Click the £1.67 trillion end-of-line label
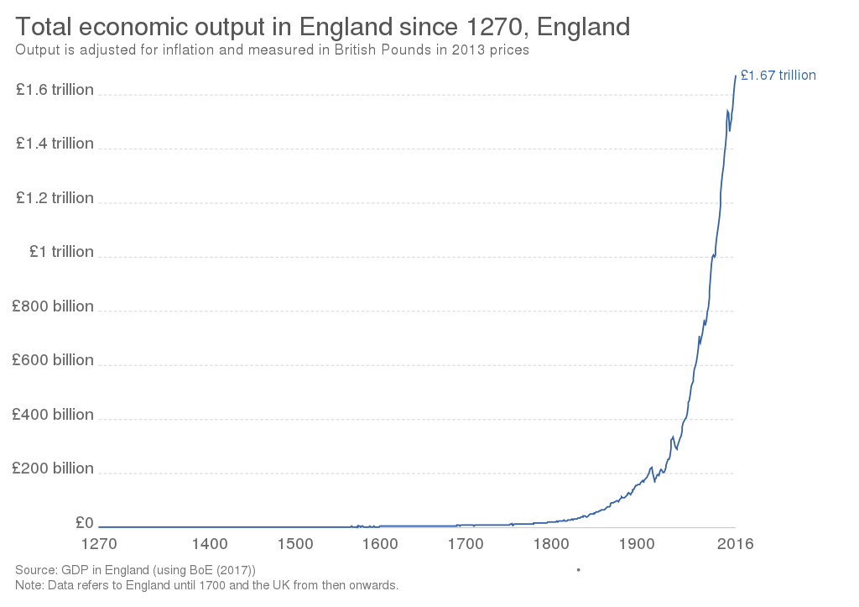(778, 76)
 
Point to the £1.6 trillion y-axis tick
(55, 90)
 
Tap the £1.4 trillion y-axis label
(55, 144)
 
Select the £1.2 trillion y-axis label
(55, 198)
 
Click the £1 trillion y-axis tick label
(60, 252)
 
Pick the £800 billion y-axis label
(53, 306)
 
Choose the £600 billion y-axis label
(53, 360)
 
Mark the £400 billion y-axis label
(53, 415)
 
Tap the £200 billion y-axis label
(53, 468)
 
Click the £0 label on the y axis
(84, 522)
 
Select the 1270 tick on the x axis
(100, 543)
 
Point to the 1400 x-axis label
(210, 543)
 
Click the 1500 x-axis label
(295, 543)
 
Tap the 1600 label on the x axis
(380, 543)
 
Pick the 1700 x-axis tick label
(466, 543)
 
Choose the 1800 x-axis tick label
(551, 543)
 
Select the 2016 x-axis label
(735, 543)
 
